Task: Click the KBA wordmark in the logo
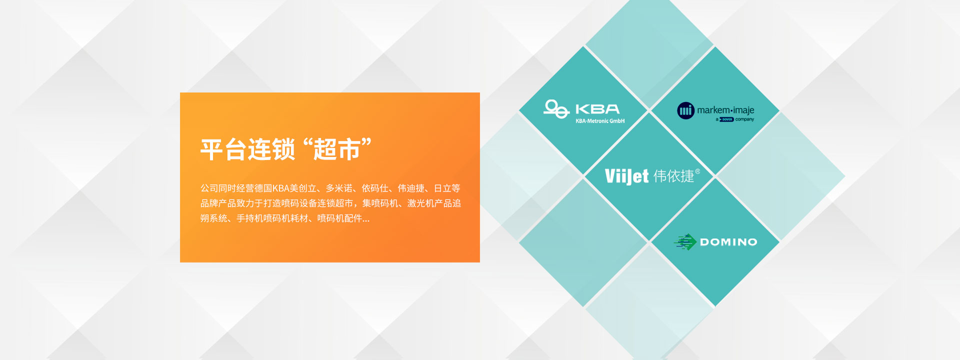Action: point(597,109)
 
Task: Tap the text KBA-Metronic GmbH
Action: point(600,121)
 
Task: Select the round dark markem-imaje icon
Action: point(686,110)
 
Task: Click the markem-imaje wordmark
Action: point(725,110)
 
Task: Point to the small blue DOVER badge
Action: point(726,119)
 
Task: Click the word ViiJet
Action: point(626,176)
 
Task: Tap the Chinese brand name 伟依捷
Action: point(673,176)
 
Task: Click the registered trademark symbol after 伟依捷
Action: point(697,171)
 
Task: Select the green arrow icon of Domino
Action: point(685,242)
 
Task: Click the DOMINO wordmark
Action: point(728,242)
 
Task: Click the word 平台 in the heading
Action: point(224,149)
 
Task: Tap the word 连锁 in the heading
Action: point(271,149)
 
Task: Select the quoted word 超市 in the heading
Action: point(336,149)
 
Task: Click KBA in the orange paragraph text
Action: point(281,188)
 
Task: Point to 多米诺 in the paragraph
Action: point(339,188)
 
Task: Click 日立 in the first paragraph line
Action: point(442,188)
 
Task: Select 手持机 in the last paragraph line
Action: point(250,218)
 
